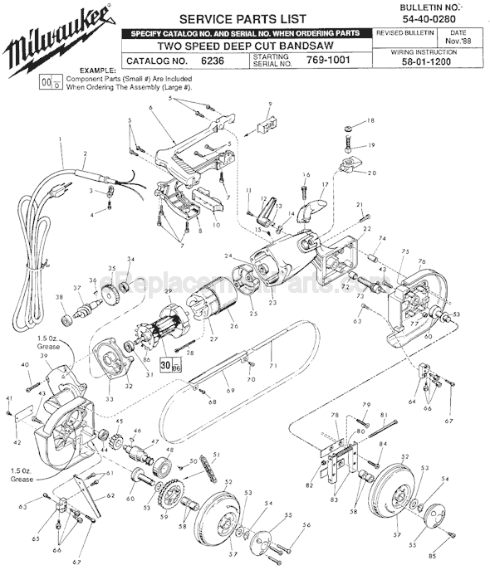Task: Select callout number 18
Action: click(x=370, y=121)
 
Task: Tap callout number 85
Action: click(x=456, y=555)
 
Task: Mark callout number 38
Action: click(x=59, y=297)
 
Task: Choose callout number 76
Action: click(x=421, y=262)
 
